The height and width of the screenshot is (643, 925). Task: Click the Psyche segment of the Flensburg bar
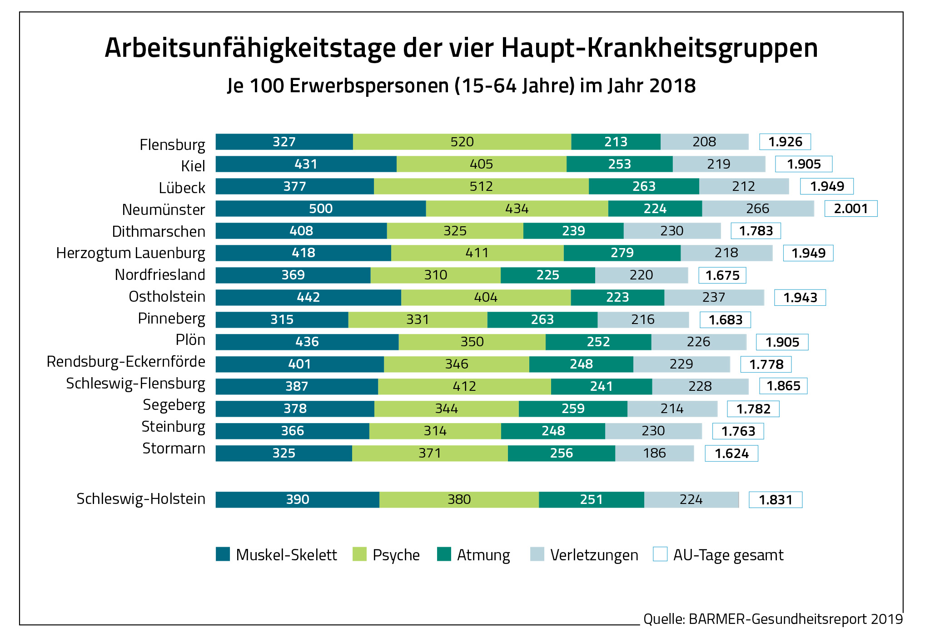(462, 142)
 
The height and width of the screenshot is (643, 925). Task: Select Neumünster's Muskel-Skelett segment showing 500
(321, 209)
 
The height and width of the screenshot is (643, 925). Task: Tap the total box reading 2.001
(850, 209)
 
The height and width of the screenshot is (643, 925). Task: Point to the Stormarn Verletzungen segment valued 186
(654, 453)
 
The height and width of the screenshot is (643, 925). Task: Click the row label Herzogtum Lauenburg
(130, 253)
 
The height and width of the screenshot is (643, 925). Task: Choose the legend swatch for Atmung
(443, 554)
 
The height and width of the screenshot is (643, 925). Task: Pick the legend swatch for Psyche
(359, 554)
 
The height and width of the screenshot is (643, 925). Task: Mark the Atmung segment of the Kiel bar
(619, 164)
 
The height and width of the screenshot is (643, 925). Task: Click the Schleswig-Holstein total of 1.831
(775, 500)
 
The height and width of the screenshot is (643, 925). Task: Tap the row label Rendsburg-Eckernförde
(126, 362)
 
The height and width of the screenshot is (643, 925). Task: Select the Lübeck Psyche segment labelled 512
(481, 186)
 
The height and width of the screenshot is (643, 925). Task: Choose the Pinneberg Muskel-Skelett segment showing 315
(282, 319)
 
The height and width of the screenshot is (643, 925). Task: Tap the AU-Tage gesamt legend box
(660, 554)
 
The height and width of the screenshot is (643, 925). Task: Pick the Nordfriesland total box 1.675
(722, 275)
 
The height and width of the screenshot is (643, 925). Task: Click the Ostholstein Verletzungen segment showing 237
(713, 297)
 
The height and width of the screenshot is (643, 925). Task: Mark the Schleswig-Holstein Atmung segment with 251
(591, 499)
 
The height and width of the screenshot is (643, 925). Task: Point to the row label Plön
(190, 340)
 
